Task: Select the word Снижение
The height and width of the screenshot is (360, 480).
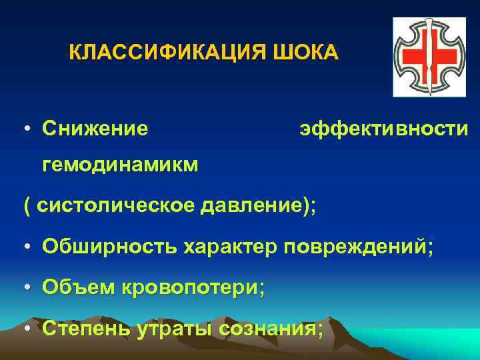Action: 95,127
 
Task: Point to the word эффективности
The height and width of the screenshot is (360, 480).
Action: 383,127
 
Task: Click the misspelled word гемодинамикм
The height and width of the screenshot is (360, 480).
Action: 120,164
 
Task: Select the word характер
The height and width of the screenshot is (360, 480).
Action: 229,247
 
